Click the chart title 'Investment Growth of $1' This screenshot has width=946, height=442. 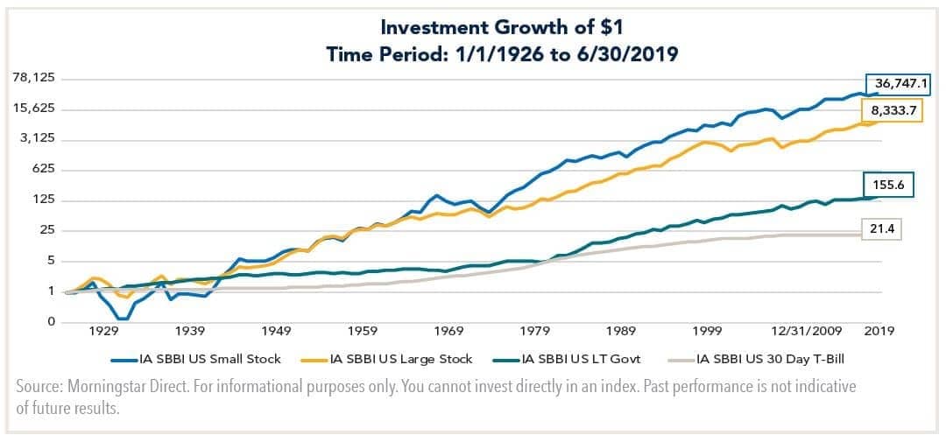pyautogui.click(x=473, y=28)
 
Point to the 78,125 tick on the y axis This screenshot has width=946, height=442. pyautogui.click(x=34, y=78)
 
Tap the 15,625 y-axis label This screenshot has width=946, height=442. pyautogui.click(x=34, y=109)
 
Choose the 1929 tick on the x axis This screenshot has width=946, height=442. pyautogui.click(x=103, y=331)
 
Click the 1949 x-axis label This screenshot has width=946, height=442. pyautogui.click(x=276, y=331)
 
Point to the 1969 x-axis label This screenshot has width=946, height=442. pyautogui.click(x=448, y=331)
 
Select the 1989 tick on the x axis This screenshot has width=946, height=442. pyautogui.click(x=621, y=331)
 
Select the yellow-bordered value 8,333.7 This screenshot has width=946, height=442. pyautogui.click(x=894, y=111)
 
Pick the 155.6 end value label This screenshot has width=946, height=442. pyautogui.click(x=893, y=186)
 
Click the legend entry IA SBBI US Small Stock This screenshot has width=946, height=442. pyautogui.click(x=202, y=358)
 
